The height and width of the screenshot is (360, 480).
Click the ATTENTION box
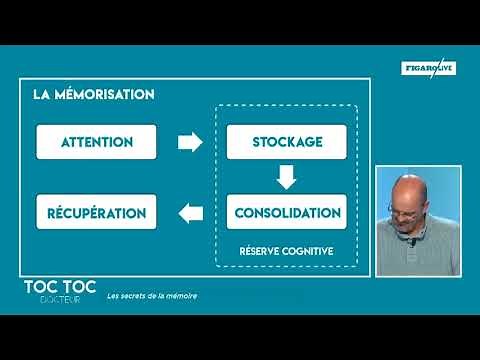click(96, 142)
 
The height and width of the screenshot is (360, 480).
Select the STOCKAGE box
click(286, 142)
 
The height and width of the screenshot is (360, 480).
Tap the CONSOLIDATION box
click(286, 212)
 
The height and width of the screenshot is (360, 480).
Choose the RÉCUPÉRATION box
click(96, 212)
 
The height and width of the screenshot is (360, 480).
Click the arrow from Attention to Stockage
click(190, 142)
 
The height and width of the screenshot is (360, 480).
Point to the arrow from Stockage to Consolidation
click(287, 177)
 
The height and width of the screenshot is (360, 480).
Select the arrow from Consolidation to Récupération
click(190, 212)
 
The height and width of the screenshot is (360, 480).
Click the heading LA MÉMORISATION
click(93, 95)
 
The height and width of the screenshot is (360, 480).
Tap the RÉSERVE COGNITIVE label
click(286, 250)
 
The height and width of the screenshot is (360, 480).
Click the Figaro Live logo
click(428, 67)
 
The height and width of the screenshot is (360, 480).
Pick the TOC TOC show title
click(60, 286)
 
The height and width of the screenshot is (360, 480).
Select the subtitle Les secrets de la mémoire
click(153, 296)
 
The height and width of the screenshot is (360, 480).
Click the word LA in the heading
click(41, 95)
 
